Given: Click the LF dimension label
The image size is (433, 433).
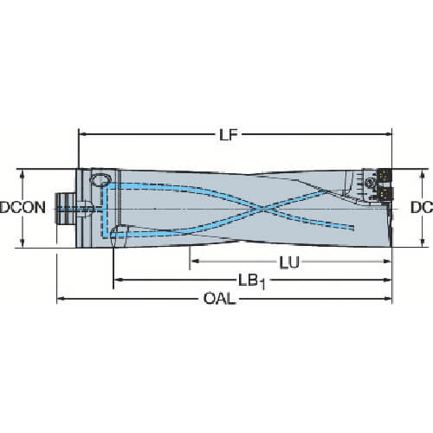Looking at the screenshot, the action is tap(229, 134).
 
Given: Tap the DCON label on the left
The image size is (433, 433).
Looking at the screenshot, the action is tap(23, 208).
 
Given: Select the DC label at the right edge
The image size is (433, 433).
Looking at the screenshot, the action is tap(422, 208).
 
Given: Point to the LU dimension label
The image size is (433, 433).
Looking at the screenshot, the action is tap(289, 262).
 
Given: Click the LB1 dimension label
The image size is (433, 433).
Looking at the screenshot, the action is tap(252, 281).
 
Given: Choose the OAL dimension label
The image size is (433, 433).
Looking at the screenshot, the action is tap(219, 299).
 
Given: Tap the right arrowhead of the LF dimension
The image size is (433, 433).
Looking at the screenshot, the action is tap(388, 134).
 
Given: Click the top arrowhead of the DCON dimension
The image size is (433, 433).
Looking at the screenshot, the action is tap(23, 174).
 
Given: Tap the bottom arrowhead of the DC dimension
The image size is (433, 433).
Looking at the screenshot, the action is tap(423, 242).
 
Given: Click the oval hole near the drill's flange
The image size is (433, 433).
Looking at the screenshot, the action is tap(100, 179).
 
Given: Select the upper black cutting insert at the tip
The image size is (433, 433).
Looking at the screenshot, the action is tap(385, 175).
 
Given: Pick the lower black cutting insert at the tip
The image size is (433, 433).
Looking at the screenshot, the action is tap(385, 193).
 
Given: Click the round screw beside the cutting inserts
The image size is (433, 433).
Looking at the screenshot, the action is tap(370, 182).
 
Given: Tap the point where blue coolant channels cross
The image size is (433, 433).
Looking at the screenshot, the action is tap(263, 209).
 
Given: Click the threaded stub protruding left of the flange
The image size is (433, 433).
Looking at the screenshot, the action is tap(66, 209).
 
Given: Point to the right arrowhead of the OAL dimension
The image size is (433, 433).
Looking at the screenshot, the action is tap(388, 299).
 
